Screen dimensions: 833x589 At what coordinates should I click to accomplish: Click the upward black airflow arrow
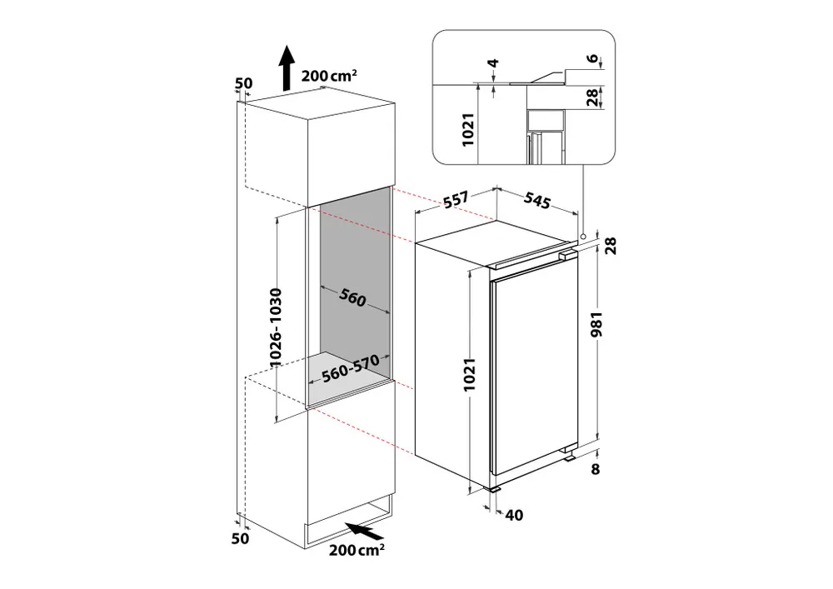pos(287,68)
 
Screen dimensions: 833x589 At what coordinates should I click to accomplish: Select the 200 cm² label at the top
pos(329,76)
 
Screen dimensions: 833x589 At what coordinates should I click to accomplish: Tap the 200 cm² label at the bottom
pos(357,549)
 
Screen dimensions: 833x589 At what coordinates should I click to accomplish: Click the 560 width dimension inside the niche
pos(352,298)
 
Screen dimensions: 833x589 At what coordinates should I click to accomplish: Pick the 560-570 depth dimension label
pos(351,368)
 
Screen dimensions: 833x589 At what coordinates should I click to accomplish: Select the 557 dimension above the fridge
pos(456,200)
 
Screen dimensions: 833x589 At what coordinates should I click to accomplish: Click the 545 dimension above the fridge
pos(537,200)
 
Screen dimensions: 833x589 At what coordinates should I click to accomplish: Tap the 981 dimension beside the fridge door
pos(597,325)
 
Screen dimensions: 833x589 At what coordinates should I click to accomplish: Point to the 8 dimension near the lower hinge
pos(595,469)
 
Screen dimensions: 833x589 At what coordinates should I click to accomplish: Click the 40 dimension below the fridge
pos(514,515)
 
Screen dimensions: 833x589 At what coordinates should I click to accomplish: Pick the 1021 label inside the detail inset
pos(467,130)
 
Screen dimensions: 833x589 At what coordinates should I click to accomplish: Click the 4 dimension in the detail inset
pos(494,64)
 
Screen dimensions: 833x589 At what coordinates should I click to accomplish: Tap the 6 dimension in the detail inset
pos(593,58)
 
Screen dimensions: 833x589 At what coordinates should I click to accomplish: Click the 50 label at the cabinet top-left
pos(243,83)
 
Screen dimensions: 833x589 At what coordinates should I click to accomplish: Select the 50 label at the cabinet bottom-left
pos(240,538)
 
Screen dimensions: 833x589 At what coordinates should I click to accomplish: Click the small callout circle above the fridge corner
pos(583,237)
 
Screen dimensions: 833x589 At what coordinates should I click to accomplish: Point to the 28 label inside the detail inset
pos(593,97)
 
